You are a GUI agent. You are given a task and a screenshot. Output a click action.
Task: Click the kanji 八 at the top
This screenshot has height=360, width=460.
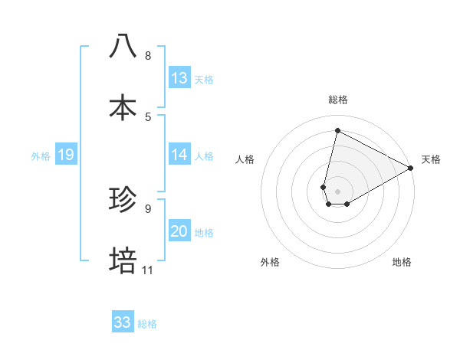point(123,46)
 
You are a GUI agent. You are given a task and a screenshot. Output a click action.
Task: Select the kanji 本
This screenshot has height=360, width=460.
point(123,106)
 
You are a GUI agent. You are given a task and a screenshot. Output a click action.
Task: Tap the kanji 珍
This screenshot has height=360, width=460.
point(123,200)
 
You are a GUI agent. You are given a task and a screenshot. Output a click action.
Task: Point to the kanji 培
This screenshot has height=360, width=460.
point(123,260)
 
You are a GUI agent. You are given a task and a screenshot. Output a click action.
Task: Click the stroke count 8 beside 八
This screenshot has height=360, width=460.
point(148,56)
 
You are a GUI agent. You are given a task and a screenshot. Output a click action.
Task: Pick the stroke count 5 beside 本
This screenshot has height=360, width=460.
point(148,116)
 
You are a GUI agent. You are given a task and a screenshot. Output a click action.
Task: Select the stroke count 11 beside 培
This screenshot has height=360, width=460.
point(147,270)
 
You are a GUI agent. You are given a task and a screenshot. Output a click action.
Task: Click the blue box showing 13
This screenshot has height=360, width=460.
point(179,78)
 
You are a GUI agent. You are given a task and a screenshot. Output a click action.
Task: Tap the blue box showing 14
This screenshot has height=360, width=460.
point(179,155)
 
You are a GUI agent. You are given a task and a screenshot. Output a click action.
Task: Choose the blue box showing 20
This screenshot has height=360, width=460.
point(179,231)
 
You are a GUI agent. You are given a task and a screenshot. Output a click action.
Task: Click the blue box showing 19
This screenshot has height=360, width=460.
point(65,155)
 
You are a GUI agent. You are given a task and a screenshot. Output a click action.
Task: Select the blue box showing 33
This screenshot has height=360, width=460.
point(123,322)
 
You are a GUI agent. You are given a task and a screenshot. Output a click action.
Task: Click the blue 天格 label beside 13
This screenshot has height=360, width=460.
point(204,79)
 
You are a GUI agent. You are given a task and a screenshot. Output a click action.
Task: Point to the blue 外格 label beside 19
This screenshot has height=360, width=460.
point(41,155)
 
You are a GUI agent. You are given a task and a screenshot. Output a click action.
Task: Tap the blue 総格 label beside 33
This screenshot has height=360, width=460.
point(147,323)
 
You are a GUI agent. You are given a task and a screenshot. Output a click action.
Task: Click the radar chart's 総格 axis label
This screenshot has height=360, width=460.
point(338,100)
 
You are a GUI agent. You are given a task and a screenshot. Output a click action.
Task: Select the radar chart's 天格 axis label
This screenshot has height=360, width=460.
point(432,159)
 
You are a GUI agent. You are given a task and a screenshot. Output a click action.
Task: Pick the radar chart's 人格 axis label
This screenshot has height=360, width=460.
point(245,159)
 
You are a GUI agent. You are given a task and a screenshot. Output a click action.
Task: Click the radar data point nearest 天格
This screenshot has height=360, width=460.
point(411,168)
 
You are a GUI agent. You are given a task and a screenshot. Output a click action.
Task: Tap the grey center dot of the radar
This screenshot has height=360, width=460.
point(338,191)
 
